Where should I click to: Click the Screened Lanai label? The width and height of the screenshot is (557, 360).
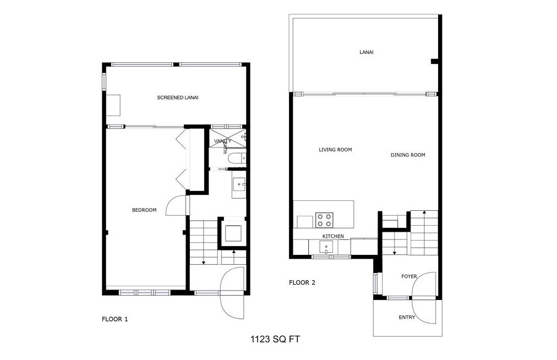(x=177, y=98)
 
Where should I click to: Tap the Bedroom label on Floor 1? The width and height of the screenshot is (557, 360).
(x=144, y=210)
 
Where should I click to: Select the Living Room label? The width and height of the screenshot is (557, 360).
(x=335, y=150)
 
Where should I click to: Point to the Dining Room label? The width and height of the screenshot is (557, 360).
(x=408, y=155)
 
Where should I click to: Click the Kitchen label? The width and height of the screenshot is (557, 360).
(x=333, y=236)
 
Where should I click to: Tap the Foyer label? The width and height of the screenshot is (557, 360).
(x=409, y=276)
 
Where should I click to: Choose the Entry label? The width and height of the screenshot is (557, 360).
(x=407, y=318)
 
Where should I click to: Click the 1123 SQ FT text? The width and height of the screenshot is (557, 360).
(x=275, y=340)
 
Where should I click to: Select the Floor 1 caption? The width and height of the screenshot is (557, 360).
(x=115, y=319)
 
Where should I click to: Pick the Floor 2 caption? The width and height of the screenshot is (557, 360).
(x=302, y=283)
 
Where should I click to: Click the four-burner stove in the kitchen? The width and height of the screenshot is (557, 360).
(x=324, y=220)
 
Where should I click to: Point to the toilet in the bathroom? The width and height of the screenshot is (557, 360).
(x=236, y=160)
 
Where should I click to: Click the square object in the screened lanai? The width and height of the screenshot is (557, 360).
(x=113, y=105)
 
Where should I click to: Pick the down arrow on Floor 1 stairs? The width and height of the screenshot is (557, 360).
(x=204, y=262)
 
